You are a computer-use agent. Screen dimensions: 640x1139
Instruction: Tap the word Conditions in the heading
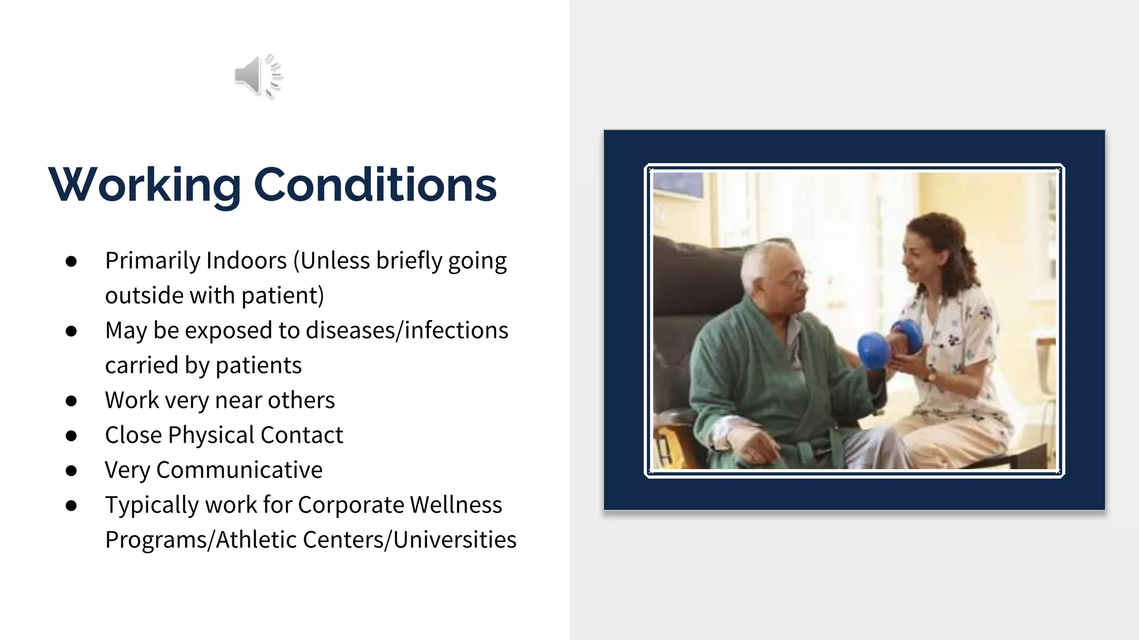tap(375, 184)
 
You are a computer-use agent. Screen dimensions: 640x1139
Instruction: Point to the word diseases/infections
tap(407, 331)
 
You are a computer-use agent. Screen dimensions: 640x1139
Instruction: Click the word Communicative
tap(239, 470)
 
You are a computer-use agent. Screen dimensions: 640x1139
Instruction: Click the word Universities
tap(454, 540)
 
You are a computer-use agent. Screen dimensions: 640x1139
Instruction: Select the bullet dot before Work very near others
tap(71, 401)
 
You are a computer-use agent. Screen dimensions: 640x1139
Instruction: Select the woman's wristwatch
tap(930, 376)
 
